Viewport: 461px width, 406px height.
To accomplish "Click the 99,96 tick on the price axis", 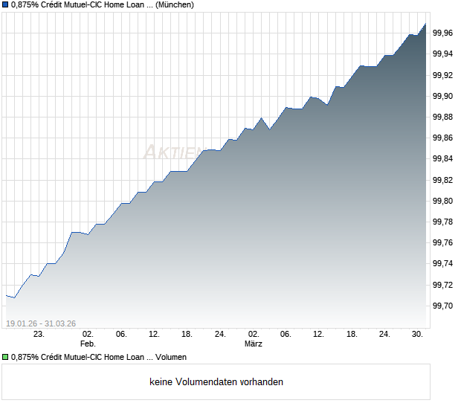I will [x=443, y=33].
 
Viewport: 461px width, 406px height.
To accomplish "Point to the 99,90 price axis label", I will [x=443, y=96].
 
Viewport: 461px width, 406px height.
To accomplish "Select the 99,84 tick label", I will [x=443, y=159].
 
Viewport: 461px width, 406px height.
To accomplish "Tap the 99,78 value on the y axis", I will [x=443, y=222].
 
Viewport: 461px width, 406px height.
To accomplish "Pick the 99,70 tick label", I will [x=443, y=306].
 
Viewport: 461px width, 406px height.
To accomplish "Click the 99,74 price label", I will [x=443, y=264].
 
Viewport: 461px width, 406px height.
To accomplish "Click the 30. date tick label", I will [x=418, y=335].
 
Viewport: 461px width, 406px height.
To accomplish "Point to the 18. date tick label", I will [x=187, y=335].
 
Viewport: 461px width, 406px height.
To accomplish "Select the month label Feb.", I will [x=88, y=344].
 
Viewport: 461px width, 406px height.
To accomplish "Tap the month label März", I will [x=254, y=344].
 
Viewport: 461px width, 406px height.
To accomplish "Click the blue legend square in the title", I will [x=6, y=5].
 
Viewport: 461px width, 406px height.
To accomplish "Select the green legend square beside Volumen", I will [x=6, y=358].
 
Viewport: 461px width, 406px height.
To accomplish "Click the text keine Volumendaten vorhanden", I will [x=216, y=382].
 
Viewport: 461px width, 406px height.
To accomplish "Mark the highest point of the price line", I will [x=425, y=24].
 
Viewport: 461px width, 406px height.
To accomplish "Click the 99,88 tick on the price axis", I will [x=443, y=117].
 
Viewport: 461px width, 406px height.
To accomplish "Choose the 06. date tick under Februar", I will [x=121, y=335].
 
